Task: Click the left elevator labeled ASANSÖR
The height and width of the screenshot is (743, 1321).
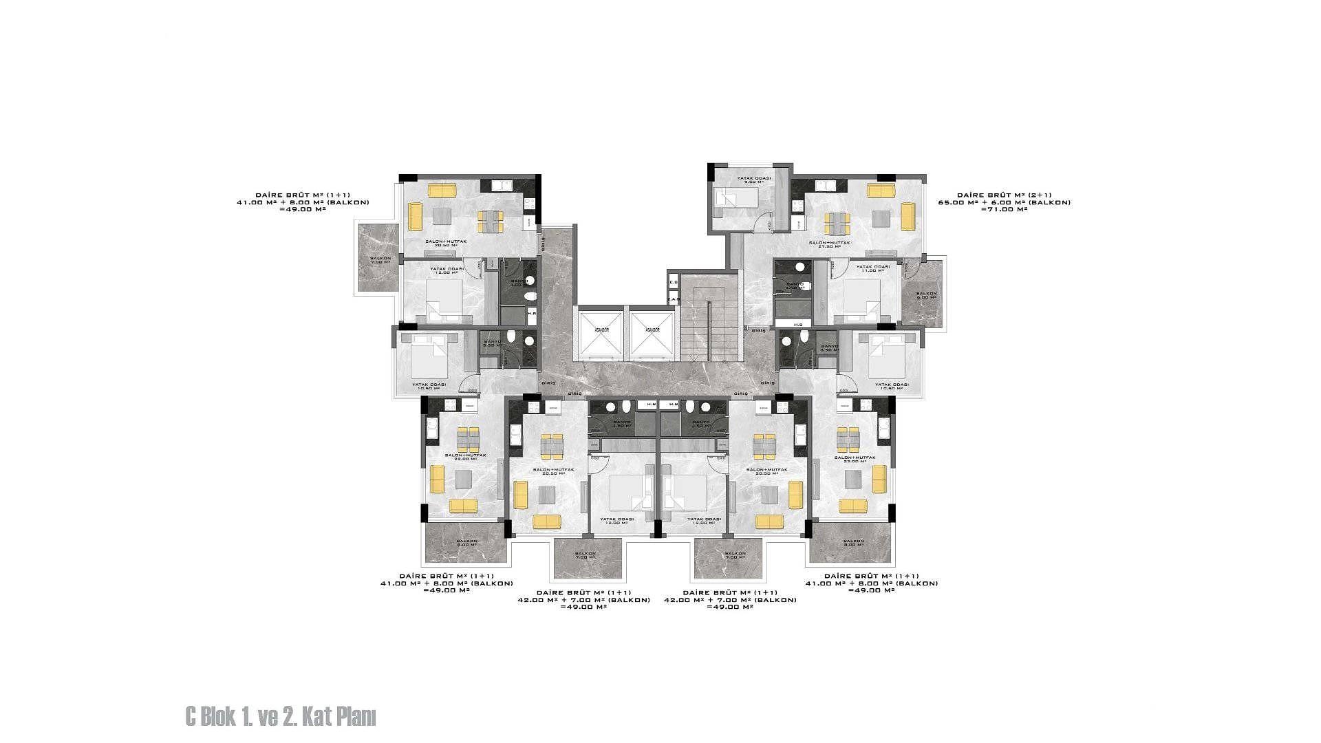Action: click(x=600, y=334)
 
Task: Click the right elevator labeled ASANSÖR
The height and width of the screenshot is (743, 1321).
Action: click(x=652, y=334)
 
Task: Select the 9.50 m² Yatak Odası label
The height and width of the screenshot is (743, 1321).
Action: click(x=754, y=180)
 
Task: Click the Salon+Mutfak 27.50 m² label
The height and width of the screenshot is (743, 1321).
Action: click(x=829, y=245)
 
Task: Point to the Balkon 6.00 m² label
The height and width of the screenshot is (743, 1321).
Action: click(x=926, y=296)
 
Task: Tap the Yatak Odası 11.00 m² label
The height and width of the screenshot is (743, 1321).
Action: click(x=872, y=268)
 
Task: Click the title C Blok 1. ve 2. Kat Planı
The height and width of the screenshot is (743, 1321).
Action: click(x=281, y=718)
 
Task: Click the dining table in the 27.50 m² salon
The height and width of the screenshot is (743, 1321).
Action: click(x=837, y=222)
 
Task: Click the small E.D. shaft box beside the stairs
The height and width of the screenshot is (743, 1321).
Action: click(x=674, y=283)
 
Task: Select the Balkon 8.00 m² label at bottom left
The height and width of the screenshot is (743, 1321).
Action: click(x=466, y=543)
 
